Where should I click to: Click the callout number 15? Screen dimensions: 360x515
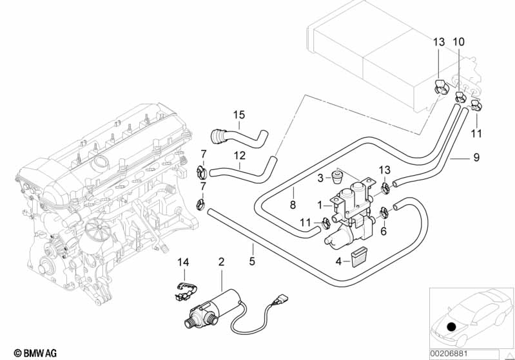coord(239,115)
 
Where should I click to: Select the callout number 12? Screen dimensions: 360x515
coord(239,155)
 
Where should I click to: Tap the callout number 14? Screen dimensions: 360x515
coord(184,262)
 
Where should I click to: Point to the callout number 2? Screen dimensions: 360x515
coord(221,262)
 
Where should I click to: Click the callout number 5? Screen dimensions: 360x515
coord(252,262)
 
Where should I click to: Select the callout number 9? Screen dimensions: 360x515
coord(476,156)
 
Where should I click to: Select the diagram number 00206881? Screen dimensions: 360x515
coord(463,353)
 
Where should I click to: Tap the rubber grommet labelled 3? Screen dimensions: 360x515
coord(336,176)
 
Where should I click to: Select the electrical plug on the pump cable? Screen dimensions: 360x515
coord(278,299)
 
